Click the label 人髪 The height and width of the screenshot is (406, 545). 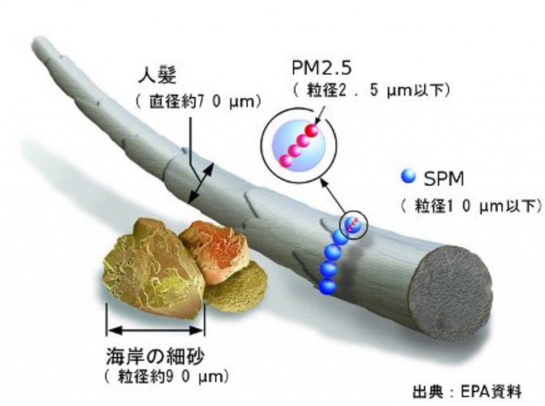tap(156, 75)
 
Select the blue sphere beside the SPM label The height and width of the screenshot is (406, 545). tap(409, 176)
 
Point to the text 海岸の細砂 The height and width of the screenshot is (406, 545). tap(155, 357)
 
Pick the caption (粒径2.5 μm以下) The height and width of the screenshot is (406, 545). tap(372, 90)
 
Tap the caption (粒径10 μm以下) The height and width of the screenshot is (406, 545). tap(472, 206)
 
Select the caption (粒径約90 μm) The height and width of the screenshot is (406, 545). tap(166, 377)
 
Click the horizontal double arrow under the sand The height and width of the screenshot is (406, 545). tap(155, 330)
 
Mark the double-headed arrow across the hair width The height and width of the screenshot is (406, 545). tap(201, 183)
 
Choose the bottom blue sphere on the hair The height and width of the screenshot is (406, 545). tap(327, 285)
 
